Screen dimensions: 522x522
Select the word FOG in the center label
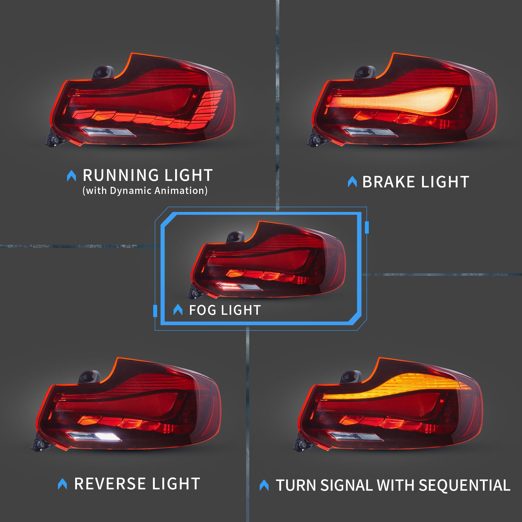(203, 310)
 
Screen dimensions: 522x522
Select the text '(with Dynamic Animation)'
(145, 191)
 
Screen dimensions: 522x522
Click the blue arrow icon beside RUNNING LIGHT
(71, 176)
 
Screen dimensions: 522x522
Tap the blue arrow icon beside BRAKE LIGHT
(352, 182)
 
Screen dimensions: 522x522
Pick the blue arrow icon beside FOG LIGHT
(178, 310)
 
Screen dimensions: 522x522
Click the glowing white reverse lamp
(108, 437)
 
